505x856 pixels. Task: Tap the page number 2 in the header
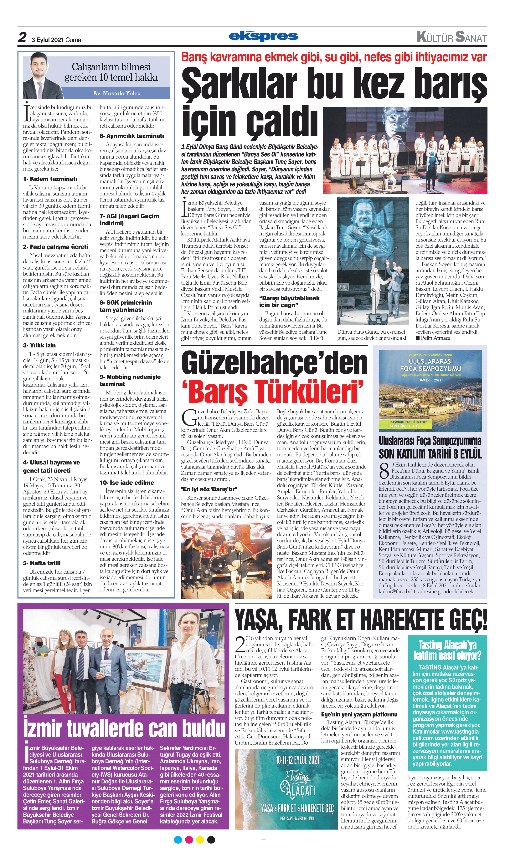tap(23, 37)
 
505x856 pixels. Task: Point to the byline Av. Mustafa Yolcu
tap(117, 93)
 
